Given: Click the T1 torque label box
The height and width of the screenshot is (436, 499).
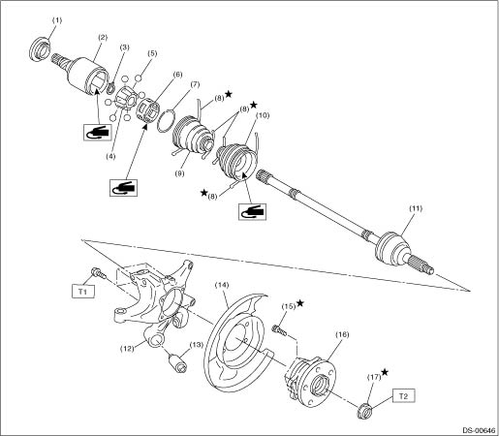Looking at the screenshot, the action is (83, 292).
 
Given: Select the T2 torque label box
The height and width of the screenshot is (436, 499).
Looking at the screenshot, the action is (404, 395).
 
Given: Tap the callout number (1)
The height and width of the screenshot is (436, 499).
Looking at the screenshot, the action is (57, 20).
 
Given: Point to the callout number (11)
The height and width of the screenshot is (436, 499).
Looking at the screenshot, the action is (416, 208).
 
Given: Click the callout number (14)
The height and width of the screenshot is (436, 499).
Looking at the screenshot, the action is (222, 285).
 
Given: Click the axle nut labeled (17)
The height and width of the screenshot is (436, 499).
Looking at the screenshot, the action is (365, 412).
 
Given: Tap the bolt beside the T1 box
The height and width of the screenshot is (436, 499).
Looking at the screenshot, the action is (99, 273).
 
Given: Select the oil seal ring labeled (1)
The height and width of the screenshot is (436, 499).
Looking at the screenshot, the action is (40, 48).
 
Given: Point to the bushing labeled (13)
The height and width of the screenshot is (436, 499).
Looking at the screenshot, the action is (178, 362).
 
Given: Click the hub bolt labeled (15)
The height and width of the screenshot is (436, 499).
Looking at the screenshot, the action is (279, 330).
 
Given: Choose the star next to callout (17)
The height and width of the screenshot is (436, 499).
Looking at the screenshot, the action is (385, 372).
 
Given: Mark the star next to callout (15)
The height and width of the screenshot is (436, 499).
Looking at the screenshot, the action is (300, 303).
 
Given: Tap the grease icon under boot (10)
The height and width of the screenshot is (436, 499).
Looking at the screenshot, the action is (252, 211).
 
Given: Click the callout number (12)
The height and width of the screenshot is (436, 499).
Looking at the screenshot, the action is (127, 349).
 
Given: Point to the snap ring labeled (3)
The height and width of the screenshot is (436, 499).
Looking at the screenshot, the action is (111, 87).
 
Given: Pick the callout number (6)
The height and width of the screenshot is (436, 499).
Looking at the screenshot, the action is (177, 75).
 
